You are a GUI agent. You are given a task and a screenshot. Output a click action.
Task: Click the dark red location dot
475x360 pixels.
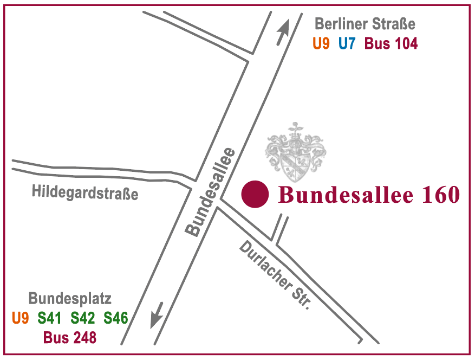(255, 194)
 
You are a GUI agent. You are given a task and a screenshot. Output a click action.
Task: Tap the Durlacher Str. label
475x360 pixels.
(276, 275)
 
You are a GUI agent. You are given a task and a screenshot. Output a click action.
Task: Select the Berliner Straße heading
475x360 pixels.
(365, 24)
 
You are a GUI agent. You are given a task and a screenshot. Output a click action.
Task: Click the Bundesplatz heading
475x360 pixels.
(70, 298)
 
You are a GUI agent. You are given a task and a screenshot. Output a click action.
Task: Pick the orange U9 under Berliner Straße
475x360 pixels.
(321, 43)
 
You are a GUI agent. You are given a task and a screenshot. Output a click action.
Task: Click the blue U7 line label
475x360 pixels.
(347, 43)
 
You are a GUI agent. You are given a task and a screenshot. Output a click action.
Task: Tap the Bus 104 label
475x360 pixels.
(391, 43)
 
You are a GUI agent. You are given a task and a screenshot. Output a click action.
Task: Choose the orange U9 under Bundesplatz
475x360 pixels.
(20, 318)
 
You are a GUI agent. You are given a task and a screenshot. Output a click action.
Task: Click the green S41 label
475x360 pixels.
(49, 318)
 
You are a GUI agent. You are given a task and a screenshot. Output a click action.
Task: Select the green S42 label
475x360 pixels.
(82, 318)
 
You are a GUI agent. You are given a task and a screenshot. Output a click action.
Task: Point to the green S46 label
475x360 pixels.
(115, 318)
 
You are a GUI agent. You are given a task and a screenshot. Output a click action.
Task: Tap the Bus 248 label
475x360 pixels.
(70, 338)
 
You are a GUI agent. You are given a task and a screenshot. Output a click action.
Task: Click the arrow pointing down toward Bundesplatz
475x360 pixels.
(157, 315)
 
